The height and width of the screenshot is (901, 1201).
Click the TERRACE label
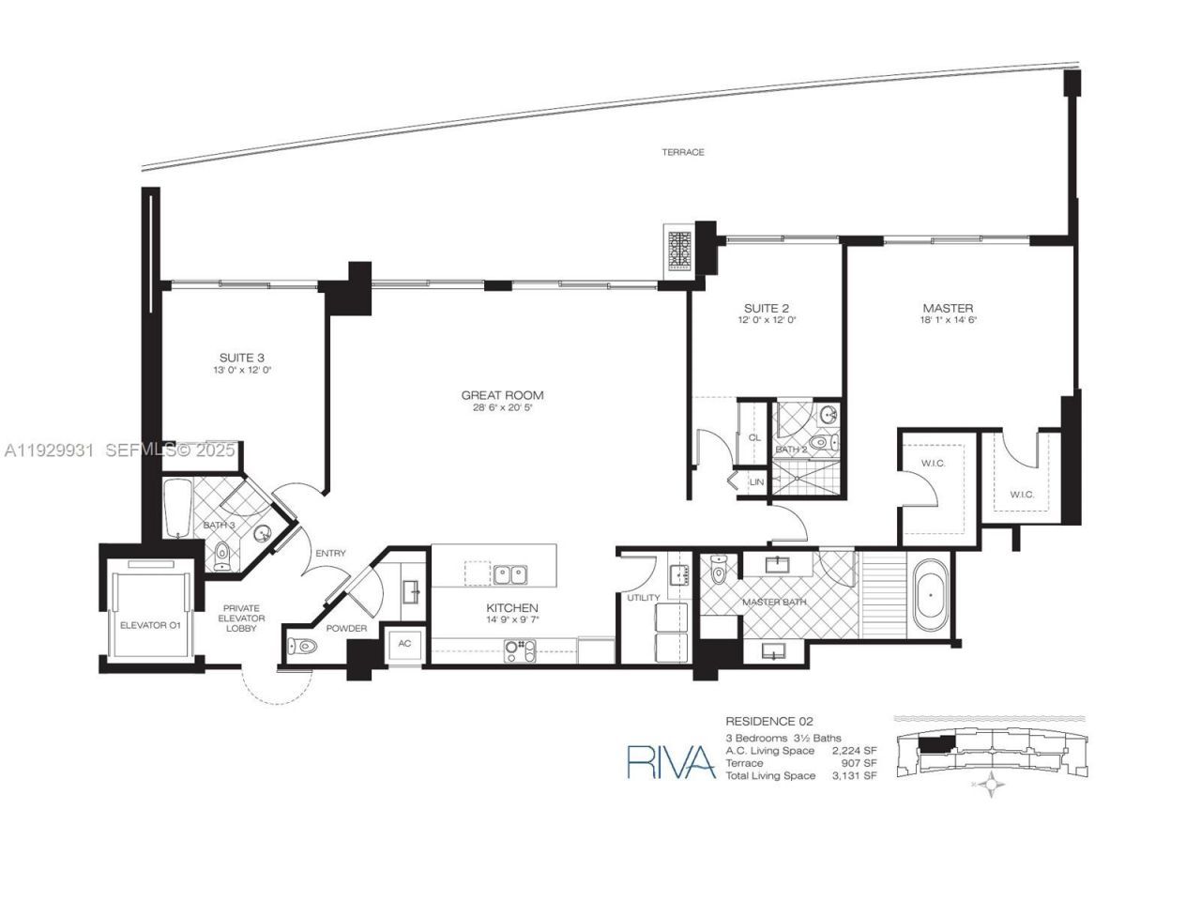tap(682, 152)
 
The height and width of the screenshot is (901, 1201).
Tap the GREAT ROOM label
tap(502, 395)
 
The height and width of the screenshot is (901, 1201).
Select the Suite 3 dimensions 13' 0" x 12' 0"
tap(241, 370)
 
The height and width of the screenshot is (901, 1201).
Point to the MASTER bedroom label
tap(948, 308)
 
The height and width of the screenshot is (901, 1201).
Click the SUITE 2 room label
tap(766, 308)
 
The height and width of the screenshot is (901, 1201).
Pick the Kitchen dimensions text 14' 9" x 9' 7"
tap(511, 620)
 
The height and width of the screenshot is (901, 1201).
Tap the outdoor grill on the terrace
tap(678, 250)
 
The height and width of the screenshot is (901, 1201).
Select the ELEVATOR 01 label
tap(149, 623)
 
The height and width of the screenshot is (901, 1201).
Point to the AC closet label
tap(404, 644)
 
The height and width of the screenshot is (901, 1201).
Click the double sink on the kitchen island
tap(510, 573)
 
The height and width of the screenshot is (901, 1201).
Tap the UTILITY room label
tap(644, 598)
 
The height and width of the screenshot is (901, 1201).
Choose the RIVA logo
tap(670, 760)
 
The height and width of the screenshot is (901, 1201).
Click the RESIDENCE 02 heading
tap(768, 721)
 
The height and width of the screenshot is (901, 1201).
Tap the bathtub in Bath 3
tap(178, 509)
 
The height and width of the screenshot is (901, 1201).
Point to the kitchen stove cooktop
tap(520, 647)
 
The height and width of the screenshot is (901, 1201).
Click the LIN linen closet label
tap(756, 481)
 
